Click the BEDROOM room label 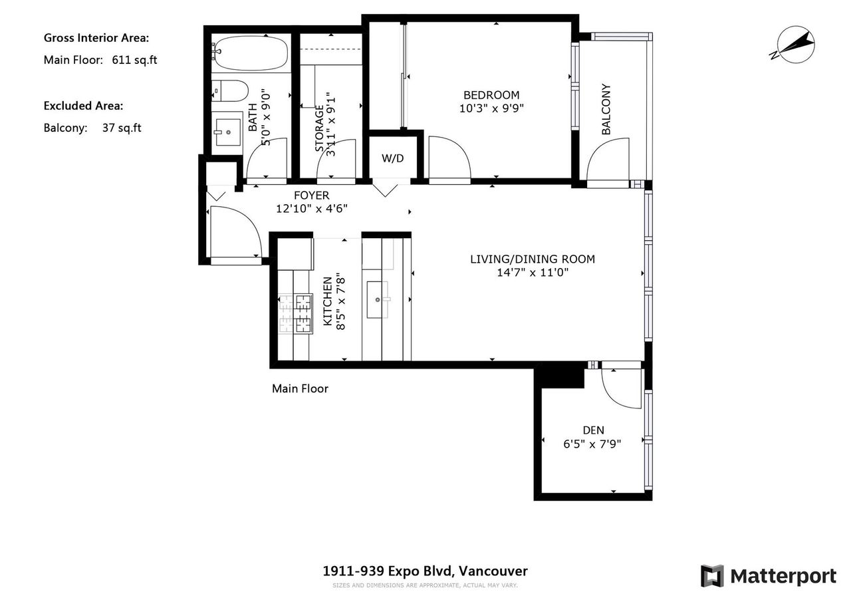coord(491,95)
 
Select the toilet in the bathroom coord(229,91)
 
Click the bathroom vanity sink coord(228,132)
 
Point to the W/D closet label coord(392,158)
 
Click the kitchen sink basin coord(377,299)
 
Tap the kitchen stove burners coord(296,314)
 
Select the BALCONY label coord(606,109)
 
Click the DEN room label coord(593,430)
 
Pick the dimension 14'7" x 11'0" coord(533,273)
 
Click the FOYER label coord(312,196)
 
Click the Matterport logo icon coord(712,576)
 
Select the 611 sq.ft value coord(134,60)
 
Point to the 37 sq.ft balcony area coord(122,128)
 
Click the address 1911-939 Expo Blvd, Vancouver coord(425,571)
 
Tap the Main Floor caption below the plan coord(300,388)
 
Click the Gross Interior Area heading coord(96,38)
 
